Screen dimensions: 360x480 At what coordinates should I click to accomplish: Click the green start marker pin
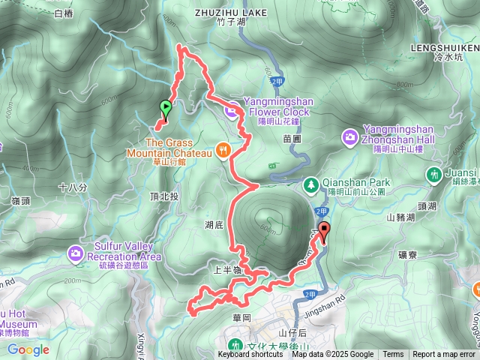(165, 108)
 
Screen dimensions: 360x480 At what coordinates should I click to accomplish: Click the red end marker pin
(323, 230)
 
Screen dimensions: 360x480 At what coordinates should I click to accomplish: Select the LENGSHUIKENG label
(445, 46)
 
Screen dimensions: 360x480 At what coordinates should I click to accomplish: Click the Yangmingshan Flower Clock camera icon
(231, 112)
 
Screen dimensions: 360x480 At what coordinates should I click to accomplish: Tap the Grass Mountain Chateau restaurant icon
(223, 150)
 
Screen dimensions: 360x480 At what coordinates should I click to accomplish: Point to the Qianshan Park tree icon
(310, 183)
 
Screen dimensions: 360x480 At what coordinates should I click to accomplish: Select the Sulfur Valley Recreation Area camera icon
(76, 253)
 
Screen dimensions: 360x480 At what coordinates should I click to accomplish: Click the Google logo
(28, 349)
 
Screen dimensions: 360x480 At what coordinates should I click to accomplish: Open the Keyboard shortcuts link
(250, 355)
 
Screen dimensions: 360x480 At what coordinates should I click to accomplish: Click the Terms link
(393, 355)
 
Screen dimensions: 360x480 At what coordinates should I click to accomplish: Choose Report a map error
(444, 355)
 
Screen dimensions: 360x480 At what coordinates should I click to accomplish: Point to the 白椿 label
(64, 13)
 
